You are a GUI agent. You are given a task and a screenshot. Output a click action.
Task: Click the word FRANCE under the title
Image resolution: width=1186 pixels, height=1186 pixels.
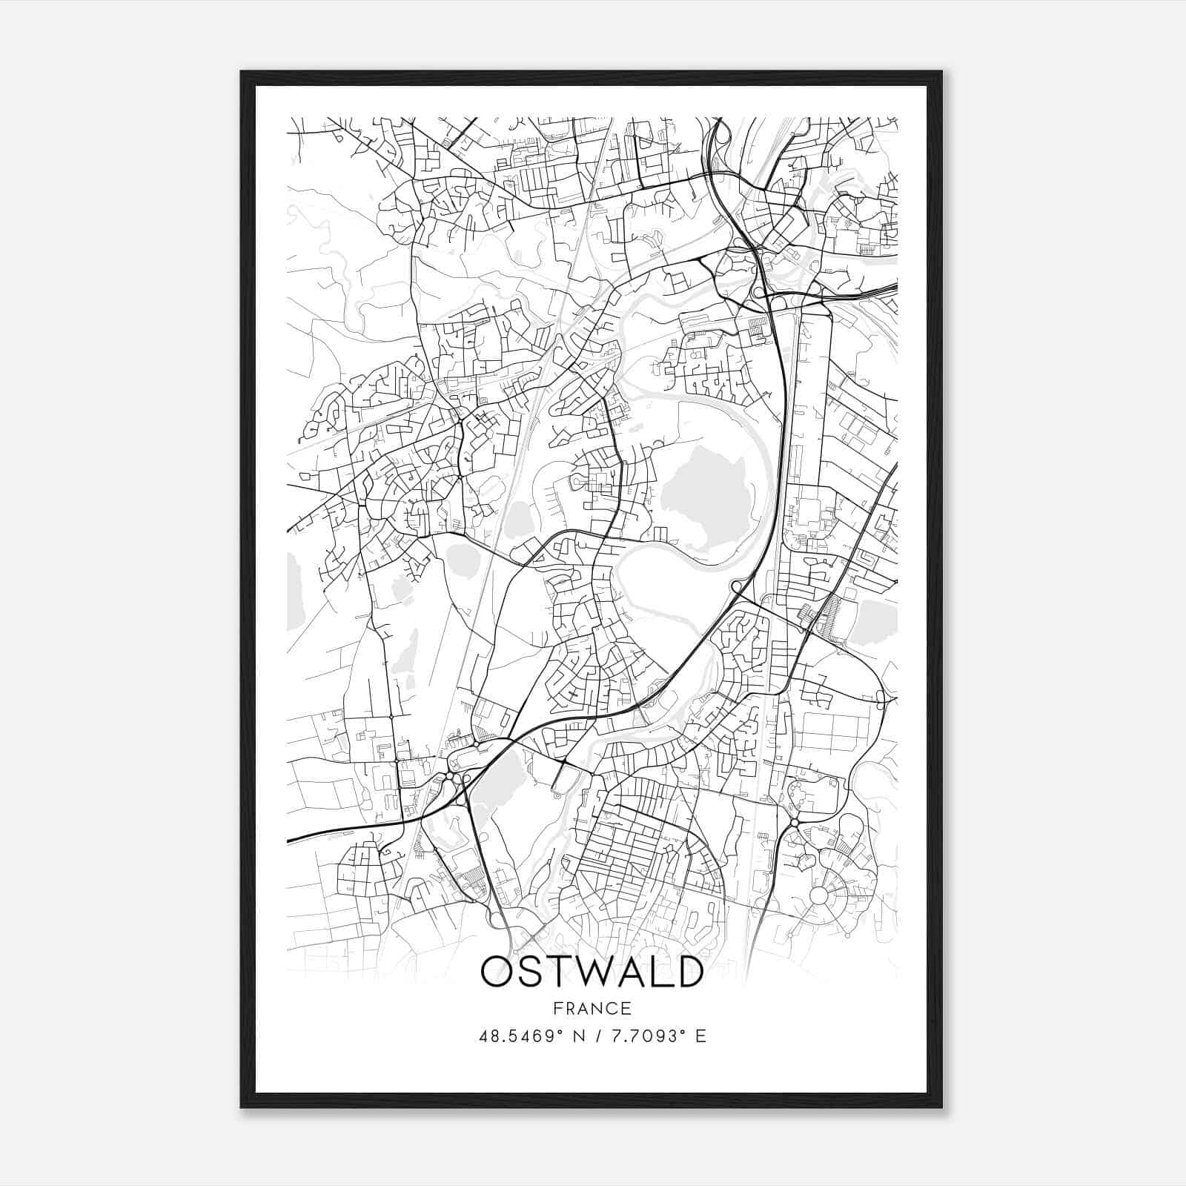pos(592,1008)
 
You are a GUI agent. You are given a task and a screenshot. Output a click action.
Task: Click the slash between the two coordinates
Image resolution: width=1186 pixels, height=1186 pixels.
pos(600,1036)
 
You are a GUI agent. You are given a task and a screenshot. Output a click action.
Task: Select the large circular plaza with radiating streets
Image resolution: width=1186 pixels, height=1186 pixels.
pos(818,895)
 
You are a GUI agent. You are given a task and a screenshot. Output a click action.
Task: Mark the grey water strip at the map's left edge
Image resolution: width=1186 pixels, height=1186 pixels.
pos(295,589)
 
